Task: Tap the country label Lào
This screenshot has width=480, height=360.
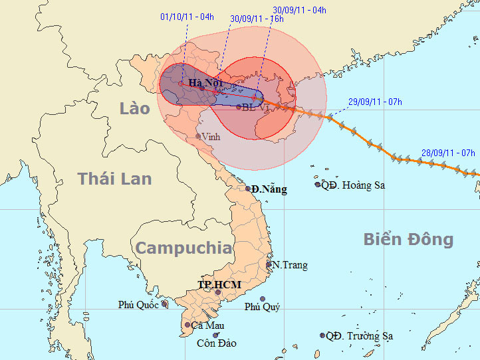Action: coord(134,108)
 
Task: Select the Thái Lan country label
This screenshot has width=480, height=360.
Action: coord(114,179)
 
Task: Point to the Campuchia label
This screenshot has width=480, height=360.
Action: coord(184,248)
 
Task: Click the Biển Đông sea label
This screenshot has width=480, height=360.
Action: coord(408,240)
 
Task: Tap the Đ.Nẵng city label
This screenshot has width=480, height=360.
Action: coord(269,189)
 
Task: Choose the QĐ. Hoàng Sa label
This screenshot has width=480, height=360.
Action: coord(353,185)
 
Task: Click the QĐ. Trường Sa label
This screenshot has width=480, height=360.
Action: coord(359,336)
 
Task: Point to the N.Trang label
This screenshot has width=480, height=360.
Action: coord(290,265)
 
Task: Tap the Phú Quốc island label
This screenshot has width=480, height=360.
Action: coord(139,305)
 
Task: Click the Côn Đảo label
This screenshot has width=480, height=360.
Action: coord(217,343)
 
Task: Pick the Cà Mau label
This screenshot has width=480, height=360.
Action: coord(207,325)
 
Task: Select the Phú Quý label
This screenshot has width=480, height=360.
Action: coord(262,307)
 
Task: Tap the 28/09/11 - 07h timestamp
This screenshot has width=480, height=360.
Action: coord(448,153)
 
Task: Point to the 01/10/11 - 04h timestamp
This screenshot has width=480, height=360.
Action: coord(187,17)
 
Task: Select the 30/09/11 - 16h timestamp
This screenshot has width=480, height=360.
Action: coord(257,19)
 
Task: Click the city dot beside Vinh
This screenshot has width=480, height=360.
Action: coord(198,137)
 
